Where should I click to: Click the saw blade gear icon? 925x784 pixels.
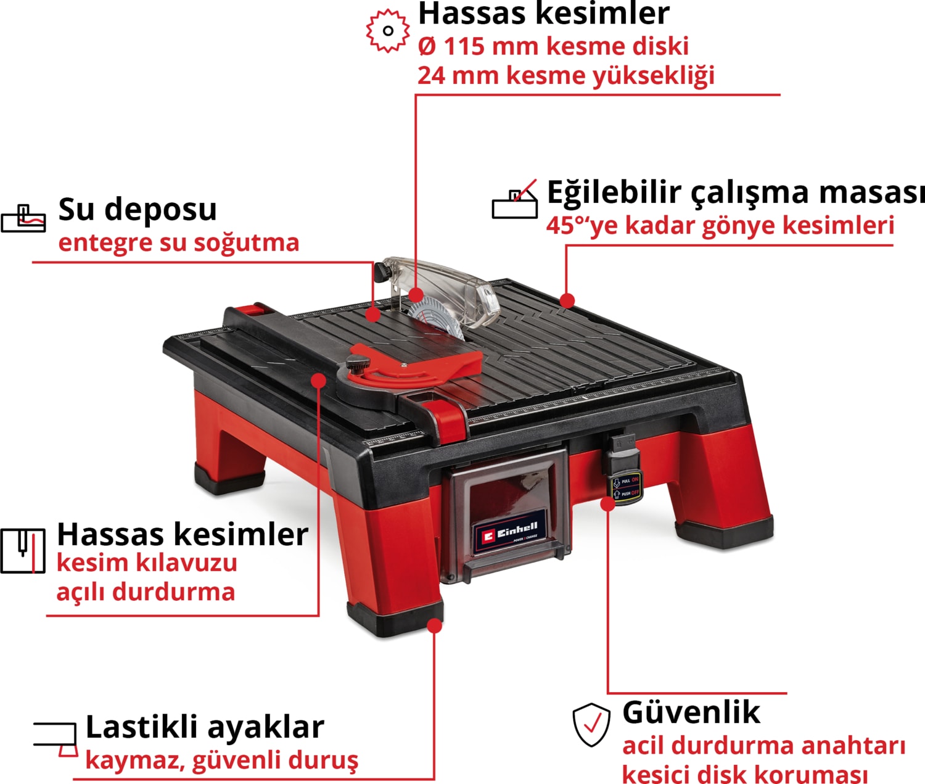pos(387,30)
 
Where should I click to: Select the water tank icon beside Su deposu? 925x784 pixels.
pos(23,218)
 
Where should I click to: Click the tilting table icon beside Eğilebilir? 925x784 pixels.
pos(515,199)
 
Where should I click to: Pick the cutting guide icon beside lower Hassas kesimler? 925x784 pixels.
pos(23,551)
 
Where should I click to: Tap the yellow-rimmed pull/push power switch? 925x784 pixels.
pos(626,488)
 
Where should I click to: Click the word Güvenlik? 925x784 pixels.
pos(691,712)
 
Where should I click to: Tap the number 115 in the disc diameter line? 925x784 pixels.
pos(464,46)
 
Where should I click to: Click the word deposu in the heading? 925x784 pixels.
pos(160,210)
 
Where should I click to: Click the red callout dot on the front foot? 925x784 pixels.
pos(434,626)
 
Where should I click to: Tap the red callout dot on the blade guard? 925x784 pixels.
pos(416,295)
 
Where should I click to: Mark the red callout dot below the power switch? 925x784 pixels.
pos(607,504)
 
